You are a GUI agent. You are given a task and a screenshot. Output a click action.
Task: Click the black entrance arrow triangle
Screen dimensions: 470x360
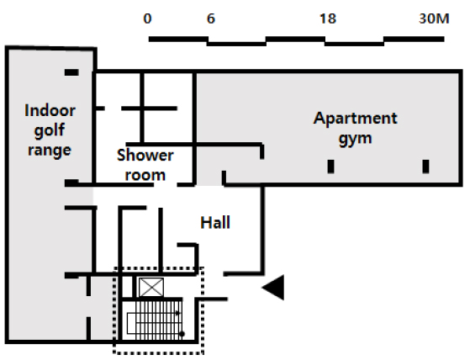[273, 287]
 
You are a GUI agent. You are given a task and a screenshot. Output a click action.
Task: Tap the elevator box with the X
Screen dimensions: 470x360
[151, 287]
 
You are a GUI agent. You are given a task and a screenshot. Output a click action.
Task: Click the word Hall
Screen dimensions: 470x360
[215, 223]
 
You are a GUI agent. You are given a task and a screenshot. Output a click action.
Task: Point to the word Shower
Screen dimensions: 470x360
[145, 156]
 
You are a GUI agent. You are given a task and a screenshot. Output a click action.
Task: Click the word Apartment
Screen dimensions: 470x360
[355, 119]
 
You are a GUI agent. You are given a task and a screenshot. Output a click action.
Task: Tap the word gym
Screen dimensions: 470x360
[355, 139]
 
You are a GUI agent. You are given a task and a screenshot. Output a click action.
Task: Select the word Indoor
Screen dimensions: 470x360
[50, 111]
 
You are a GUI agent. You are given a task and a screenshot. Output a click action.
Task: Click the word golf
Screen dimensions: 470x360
[50, 130]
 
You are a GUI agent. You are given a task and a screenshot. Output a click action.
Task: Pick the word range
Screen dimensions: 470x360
[50, 150]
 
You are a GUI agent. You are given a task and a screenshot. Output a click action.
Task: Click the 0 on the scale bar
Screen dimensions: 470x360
[147, 19]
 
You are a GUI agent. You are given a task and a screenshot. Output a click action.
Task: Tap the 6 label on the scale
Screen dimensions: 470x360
[211, 19]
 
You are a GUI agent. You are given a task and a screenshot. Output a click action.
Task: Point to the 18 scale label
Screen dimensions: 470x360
[328, 19]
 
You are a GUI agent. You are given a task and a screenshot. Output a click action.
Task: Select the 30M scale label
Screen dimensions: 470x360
[434, 19]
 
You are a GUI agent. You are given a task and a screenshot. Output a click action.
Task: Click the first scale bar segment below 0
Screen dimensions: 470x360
[178, 39]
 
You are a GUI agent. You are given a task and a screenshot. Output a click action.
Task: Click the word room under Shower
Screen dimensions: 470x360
[145, 175]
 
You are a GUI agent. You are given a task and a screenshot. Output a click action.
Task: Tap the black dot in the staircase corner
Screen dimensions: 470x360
[182, 334]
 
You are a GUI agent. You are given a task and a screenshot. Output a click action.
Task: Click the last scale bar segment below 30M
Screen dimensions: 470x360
[414, 39]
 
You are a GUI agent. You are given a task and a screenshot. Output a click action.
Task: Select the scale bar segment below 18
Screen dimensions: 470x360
[355, 44]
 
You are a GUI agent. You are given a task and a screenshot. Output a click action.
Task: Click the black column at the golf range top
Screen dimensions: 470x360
[71, 72]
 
